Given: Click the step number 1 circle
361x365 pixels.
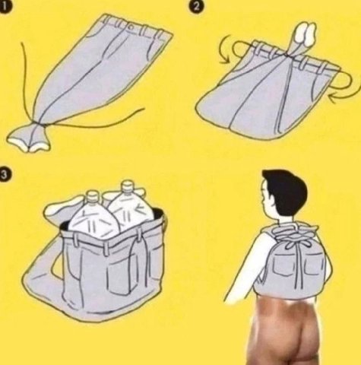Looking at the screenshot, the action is [5, 6].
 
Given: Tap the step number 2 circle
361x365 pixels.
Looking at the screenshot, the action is [195, 6].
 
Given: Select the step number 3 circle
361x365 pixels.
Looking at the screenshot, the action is [5, 174].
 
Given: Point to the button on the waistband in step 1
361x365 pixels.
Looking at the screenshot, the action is [131, 27].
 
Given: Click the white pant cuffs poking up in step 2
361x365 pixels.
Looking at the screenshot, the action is [306, 33].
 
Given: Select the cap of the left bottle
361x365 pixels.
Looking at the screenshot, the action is [93, 195].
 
